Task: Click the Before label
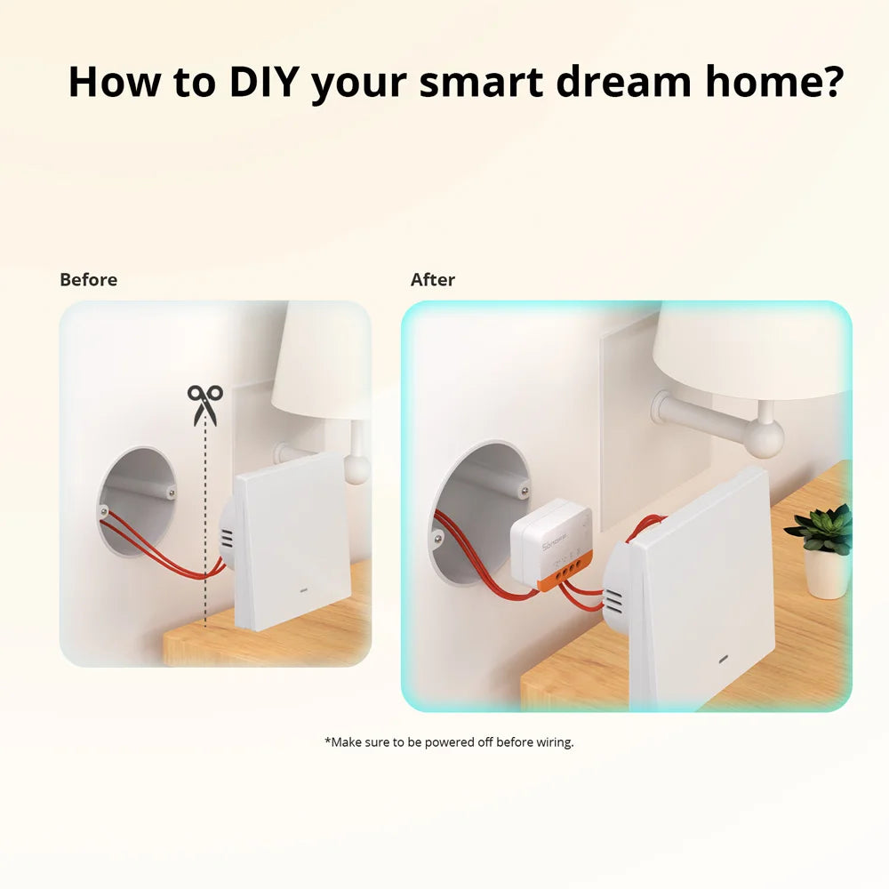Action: click(x=88, y=280)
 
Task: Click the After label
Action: click(x=433, y=280)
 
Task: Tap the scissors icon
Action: click(x=205, y=404)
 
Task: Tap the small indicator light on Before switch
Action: click(x=302, y=589)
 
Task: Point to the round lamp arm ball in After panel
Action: click(x=765, y=438)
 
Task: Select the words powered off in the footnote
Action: click(x=459, y=741)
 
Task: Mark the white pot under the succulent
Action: click(x=827, y=574)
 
